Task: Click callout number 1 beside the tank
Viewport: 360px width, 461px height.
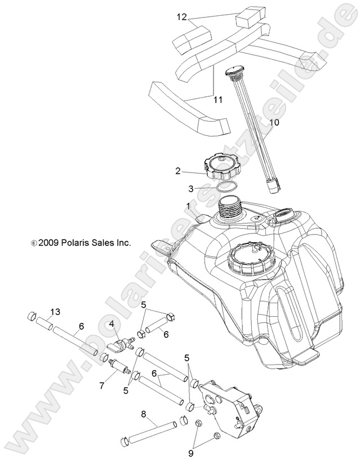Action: click(188, 206)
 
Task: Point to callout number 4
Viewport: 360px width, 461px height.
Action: click(112, 323)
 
